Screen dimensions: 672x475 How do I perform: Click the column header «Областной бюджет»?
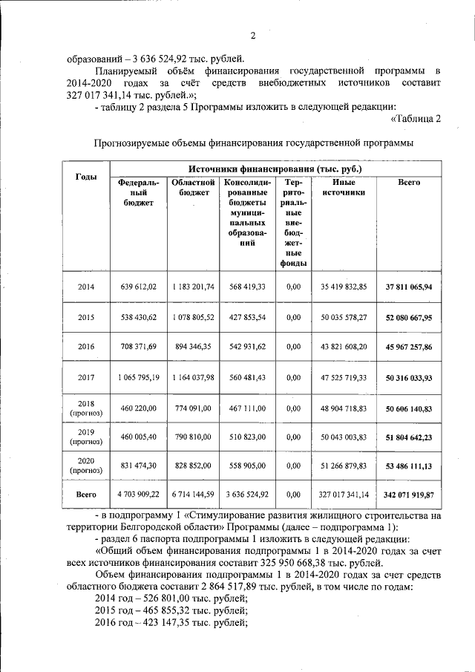tap(194, 187)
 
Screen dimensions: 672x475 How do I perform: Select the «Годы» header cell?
tap(86, 176)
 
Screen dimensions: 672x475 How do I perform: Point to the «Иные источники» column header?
tap(344, 187)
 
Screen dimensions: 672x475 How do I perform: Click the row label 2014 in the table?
tap(86, 287)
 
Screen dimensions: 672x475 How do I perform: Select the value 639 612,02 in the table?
tap(138, 287)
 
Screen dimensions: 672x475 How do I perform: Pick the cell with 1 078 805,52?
tap(194, 317)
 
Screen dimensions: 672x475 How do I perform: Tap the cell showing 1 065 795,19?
tap(138, 377)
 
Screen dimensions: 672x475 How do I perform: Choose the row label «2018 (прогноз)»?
tap(86, 408)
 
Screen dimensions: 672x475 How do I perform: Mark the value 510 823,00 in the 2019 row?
tap(248, 438)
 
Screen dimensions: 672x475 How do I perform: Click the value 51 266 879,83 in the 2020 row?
tap(344, 468)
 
